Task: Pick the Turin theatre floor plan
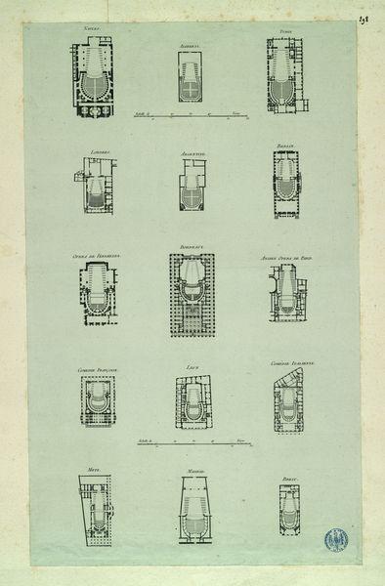[284, 76]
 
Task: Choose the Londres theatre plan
[96, 187]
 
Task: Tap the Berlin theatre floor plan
[285, 184]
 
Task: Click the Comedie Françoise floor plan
[98, 401]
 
